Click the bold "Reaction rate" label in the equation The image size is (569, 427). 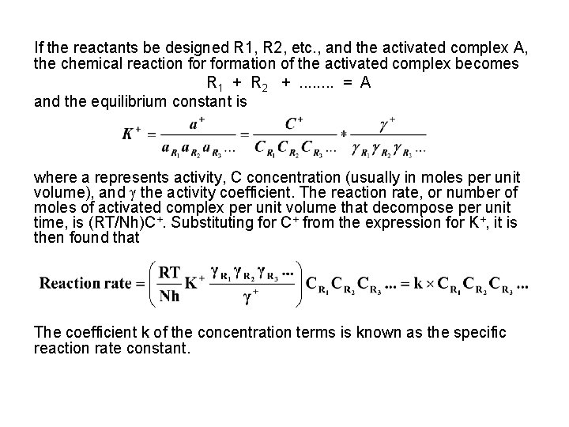click(x=85, y=284)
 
